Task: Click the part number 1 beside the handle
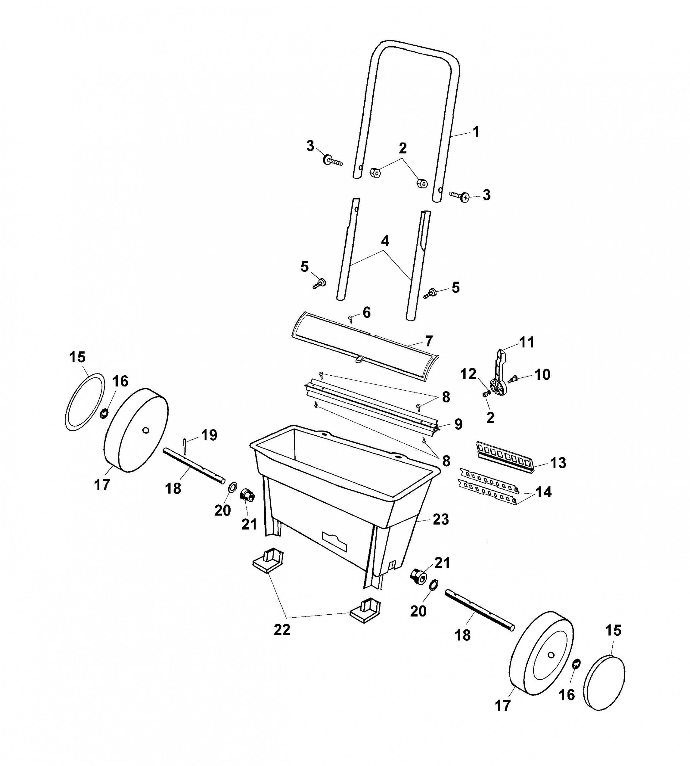477,131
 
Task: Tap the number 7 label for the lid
429,341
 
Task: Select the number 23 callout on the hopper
441,519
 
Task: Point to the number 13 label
558,463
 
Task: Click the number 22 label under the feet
282,629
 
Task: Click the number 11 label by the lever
527,342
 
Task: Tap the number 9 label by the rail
458,424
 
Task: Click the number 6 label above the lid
366,313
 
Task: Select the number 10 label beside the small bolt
542,374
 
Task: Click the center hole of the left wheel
146,430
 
